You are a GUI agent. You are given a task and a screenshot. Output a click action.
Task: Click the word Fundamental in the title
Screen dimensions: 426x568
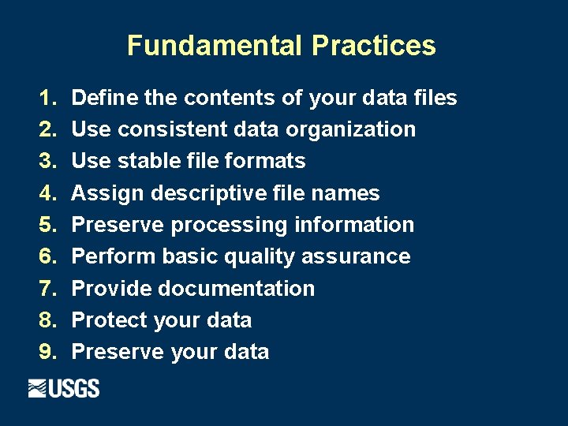coord(214,46)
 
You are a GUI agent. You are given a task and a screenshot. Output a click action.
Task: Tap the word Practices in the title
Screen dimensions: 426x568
coord(373,46)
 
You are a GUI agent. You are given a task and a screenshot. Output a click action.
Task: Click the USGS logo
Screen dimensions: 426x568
coord(64,388)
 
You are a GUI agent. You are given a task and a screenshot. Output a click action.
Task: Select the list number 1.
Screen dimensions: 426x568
coord(48,99)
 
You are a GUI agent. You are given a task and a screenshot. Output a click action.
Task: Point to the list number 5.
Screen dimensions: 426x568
coord(48,226)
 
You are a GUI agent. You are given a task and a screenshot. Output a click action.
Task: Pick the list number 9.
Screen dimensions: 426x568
coord(48,353)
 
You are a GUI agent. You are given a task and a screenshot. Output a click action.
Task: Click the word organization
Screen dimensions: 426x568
coord(351,130)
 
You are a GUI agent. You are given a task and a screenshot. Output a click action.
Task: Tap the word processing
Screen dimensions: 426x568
coord(229,226)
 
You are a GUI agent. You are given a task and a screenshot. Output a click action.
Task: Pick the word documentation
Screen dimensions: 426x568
coord(236,289)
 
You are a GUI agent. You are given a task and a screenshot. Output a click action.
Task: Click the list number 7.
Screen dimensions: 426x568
coord(48,289)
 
